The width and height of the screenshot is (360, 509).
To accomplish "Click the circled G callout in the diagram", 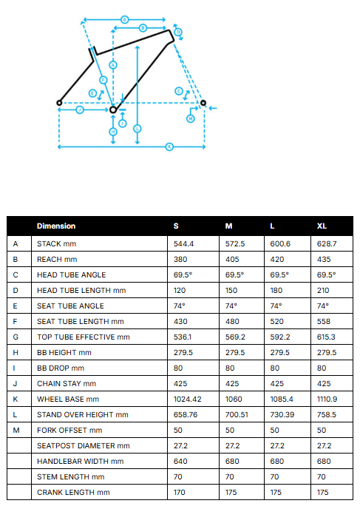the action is pyautogui.click(x=125, y=20).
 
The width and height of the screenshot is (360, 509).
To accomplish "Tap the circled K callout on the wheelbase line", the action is pyautogui.click(x=169, y=147).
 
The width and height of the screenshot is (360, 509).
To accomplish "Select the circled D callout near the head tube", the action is pyautogui.click(x=178, y=32).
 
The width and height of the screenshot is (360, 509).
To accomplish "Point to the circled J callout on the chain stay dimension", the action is pyautogui.click(x=80, y=110).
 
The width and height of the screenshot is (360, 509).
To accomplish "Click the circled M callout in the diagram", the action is pyautogui.click(x=191, y=119).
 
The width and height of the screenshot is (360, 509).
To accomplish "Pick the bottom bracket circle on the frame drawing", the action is pyautogui.click(x=113, y=109).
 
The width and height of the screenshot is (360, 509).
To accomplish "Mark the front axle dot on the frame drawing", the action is pyautogui.click(x=203, y=103).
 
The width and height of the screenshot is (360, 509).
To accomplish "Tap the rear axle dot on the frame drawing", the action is pyautogui.click(x=59, y=103).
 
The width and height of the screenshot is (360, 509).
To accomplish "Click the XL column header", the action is pyautogui.click(x=322, y=226).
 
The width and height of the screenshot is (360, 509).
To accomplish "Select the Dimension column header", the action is pyautogui.click(x=56, y=226).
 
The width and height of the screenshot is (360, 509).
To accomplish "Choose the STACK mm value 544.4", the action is pyautogui.click(x=183, y=244).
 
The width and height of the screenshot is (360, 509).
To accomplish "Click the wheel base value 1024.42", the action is pyautogui.click(x=188, y=399).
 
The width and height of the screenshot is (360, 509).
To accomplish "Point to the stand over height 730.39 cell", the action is pyautogui.click(x=282, y=414).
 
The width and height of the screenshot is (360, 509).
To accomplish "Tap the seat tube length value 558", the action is pyautogui.click(x=324, y=321).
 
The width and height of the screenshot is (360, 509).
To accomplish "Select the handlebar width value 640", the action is pyautogui.click(x=180, y=462).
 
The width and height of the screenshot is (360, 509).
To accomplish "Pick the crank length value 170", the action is pyautogui.click(x=180, y=493).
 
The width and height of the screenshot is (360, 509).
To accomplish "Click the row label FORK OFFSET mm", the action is pyautogui.click(x=69, y=430).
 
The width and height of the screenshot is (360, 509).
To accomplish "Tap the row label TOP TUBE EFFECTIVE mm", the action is pyautogui.click(x=84, y=337).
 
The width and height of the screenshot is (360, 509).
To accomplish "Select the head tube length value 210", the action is pyautogui.click(x=323, y=290).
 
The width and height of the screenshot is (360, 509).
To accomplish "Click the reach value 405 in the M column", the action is pyautogui.click(x=232, y=260).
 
